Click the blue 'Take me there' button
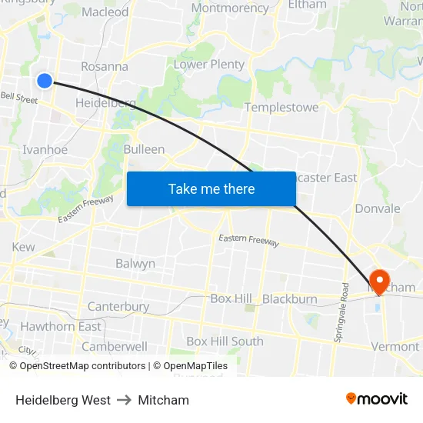[x=211, y=188]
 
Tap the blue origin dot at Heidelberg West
[x=45, y=80]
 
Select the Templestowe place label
[x=281, y=108]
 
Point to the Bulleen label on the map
[x=144, y=149]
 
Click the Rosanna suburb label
[x=105, y=66]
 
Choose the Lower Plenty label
[x=209, y=65]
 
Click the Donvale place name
[x=378, y=208]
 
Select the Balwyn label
[x=135, y=264]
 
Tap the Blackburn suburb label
[x=290, y=299]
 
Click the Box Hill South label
[x=225, y=341]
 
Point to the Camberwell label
[x=115, y=347]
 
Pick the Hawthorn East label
[x=61, y=327]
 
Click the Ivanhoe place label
[x=45, y=150]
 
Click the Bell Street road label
[x=19, y=98]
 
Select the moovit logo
[x=376, y=399]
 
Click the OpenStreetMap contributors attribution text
[x=82, y=366]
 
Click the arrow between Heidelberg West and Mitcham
[x=125, y=400]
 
